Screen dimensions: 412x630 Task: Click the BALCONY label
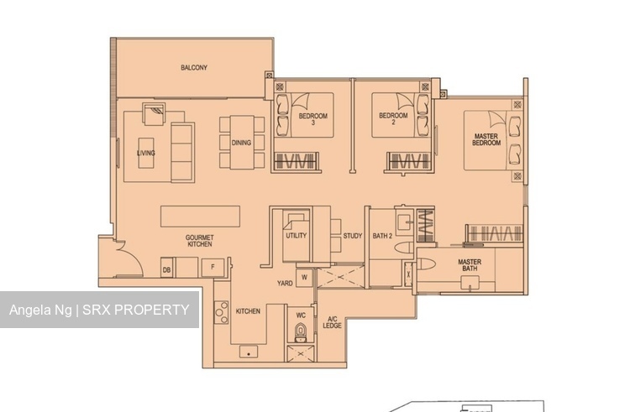(x=194, y=67)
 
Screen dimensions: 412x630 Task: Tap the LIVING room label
(x=146, y=153)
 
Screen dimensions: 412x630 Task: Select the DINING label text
(x=242, y=143)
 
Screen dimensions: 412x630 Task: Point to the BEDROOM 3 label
(x=312, y=118)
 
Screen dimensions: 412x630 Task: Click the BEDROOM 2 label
(x=392, y=118)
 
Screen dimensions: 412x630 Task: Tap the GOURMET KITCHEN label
(x=199, y=241)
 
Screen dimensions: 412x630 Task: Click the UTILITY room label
(x=296, y=236)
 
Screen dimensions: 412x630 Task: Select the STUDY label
(x=353, y=236)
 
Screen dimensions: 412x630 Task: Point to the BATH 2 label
(x=382, y=236)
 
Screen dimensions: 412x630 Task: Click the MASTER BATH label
(x=470, y=265)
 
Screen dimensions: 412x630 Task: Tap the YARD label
(x=285, y=284)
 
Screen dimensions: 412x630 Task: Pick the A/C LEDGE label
(x=332, y=321)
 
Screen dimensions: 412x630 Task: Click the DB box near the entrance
(x=166, y=269)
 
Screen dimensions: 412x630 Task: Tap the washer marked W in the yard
(x=303, y=276)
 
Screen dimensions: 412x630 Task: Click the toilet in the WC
(x=299, y=333)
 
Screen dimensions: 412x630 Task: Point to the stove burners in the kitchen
(x=222, y=313)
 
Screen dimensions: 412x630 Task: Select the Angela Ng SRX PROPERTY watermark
(x=99, y=310)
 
